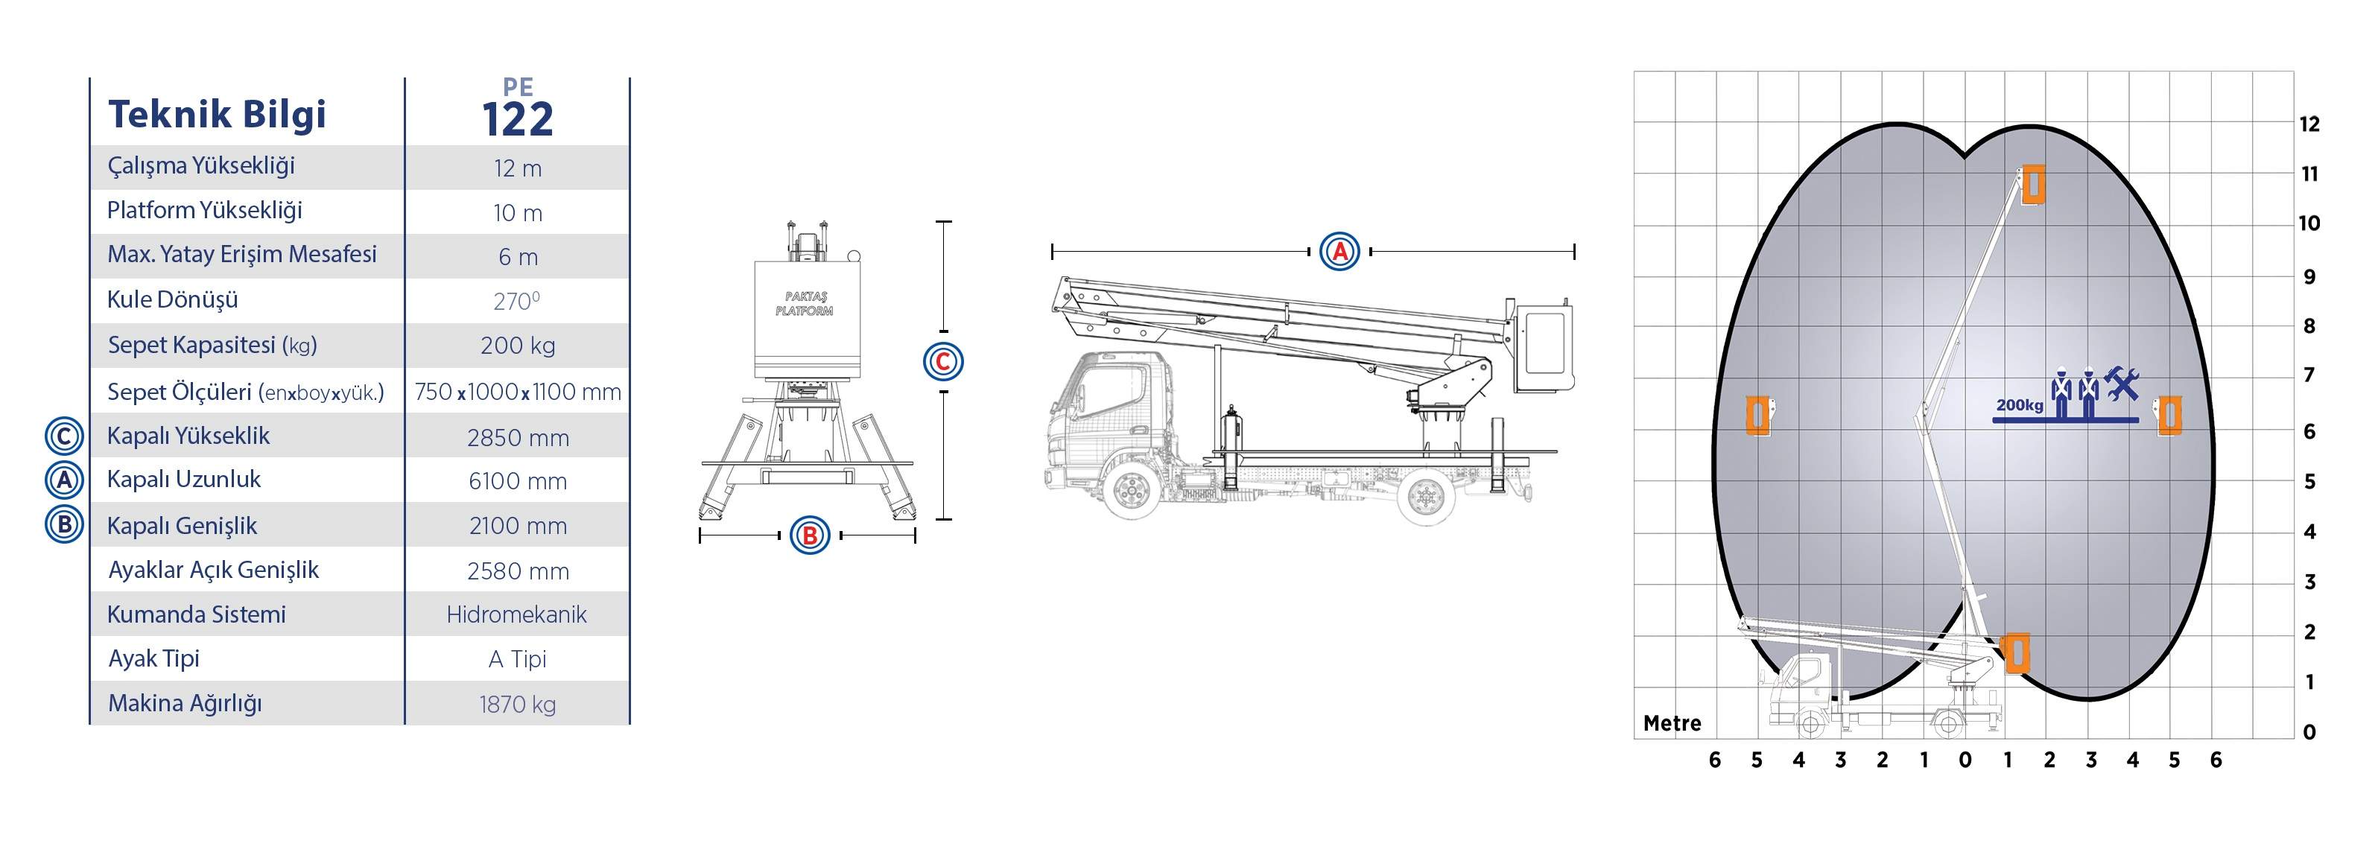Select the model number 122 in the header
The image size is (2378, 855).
[x=517, y=119]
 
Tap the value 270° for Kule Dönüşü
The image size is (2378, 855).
[x=517, y=301]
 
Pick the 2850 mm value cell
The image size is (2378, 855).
[x=518, y=438]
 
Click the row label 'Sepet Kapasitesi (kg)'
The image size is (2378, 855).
[x=212, y=346]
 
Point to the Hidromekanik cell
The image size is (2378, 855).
[x=517, y=614]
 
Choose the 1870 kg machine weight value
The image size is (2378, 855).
[x=517, y=705]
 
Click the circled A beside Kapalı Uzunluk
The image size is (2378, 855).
[x=65, y=480]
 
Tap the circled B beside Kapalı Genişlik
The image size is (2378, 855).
[x=65, y=524]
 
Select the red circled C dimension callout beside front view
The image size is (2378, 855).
[x=942, y=361]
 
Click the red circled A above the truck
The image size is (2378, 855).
[x=1339, y=251]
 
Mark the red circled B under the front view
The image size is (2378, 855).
[x=811, y=535]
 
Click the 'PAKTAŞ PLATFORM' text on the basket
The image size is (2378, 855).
[x=804, y=304]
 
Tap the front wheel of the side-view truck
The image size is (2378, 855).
[x=1129, y=489]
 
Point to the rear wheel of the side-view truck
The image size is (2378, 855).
[x=1425, y=496]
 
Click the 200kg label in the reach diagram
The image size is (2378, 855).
[x=2020, y=405]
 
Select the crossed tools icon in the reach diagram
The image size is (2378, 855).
[x=2122, y=383]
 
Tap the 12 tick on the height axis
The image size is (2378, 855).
[x=2309, y=124]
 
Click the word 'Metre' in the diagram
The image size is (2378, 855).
[x=1672, y=723]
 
